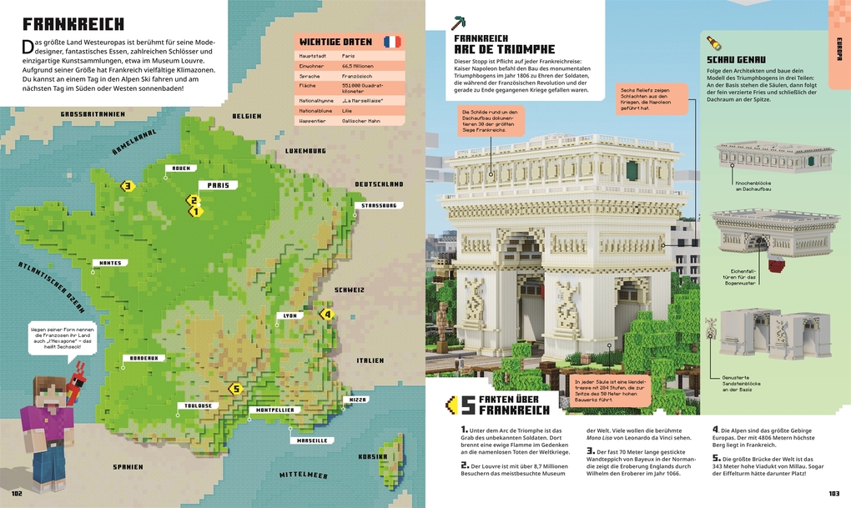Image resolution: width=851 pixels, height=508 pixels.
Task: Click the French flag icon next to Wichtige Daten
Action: point(391,42)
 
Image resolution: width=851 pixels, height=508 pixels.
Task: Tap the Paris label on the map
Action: point(218,186)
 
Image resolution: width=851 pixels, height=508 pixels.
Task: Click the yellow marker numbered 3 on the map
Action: point(128,186)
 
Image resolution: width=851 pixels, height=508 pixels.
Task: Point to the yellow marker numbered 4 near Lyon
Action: point(326,314)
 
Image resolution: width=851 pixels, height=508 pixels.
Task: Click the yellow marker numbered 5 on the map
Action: point(235,388)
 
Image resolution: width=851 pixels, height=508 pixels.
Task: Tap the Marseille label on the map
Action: point(311,440)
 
